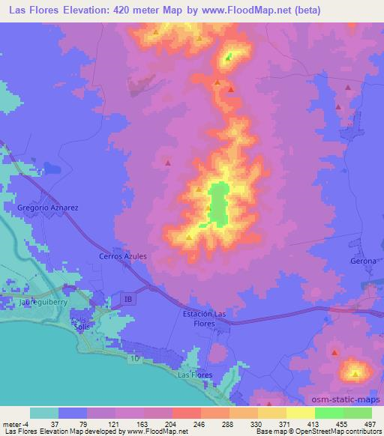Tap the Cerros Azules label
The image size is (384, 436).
click(122, 256)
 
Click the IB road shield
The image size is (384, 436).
click(127, 299)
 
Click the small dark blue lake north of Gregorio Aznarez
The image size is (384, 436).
click(51, 168)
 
